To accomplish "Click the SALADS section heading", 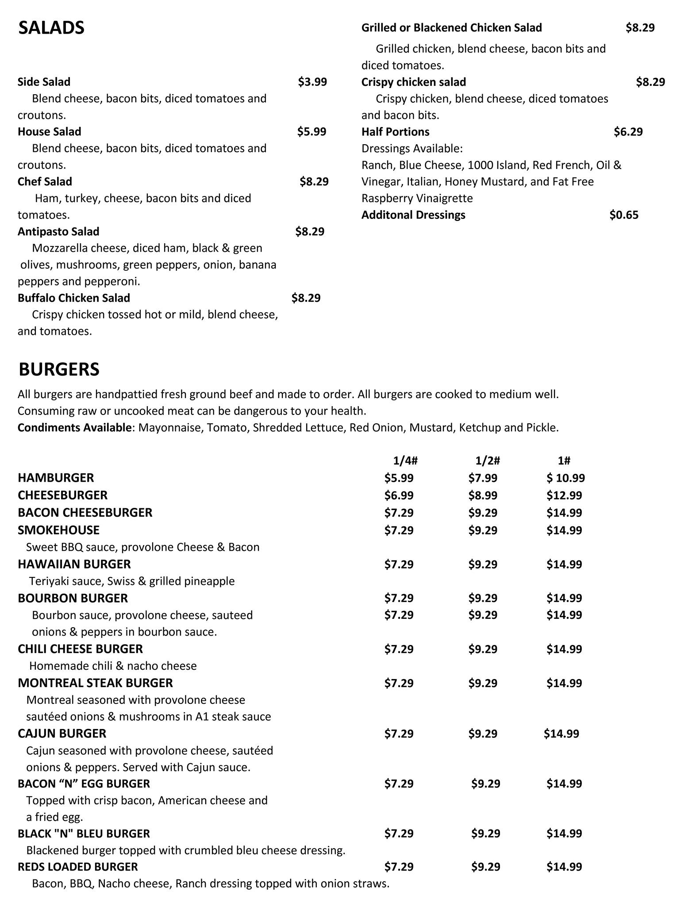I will tap(51, 28).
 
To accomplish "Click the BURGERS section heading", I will tap(59, 369).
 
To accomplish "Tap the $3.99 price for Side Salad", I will tap(312, 82).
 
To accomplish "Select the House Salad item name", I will tap(49, 132).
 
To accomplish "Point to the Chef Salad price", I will tap(314, 182).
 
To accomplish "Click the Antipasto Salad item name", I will tap(58, 232).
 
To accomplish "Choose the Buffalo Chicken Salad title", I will tap(73, 298).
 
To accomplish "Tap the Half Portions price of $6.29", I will tap(628, 132).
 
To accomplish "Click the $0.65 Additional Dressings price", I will tap(624, 215).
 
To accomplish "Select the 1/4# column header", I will tap(405, 461).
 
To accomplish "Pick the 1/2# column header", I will tap(488, 461).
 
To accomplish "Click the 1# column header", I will tap(564, 461).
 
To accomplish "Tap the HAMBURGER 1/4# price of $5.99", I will tap(399, 478).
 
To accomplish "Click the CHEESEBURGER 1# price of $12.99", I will tap(564, 495).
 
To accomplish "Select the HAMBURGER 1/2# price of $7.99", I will tap(483, 478).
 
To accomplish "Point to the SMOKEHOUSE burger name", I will tap(58, 530).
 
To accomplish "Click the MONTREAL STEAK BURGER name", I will tap(95, 683).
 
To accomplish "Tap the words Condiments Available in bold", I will tap(74, 428).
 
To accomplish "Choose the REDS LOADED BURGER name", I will tap(77, 867).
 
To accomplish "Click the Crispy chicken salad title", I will tap(413, 82).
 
